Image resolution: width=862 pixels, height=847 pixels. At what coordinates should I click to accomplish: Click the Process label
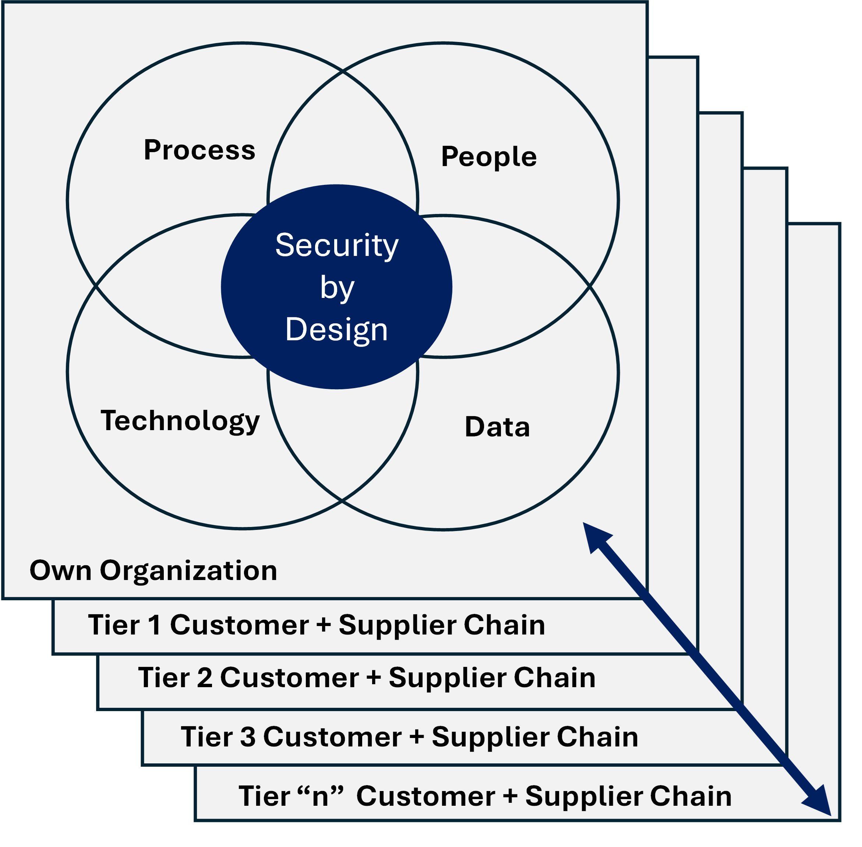(199, 150)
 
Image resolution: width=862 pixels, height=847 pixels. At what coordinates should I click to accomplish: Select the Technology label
(180, 421)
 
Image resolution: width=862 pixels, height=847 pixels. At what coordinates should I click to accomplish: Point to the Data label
(497, 427)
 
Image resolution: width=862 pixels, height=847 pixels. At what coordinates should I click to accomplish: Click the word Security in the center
(336, 246)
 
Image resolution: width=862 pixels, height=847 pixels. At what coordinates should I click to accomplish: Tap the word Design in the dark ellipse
(336, 330)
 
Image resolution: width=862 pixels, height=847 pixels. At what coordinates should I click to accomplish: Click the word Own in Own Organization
(60, 571)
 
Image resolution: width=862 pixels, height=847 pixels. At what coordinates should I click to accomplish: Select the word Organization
(188, 571)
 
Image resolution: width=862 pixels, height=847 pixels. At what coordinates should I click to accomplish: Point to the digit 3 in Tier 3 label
(248, 737)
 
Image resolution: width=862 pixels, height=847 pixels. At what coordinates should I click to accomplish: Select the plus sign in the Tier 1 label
(324, 625)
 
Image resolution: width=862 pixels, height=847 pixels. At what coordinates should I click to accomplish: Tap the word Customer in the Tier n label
(425, 796)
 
